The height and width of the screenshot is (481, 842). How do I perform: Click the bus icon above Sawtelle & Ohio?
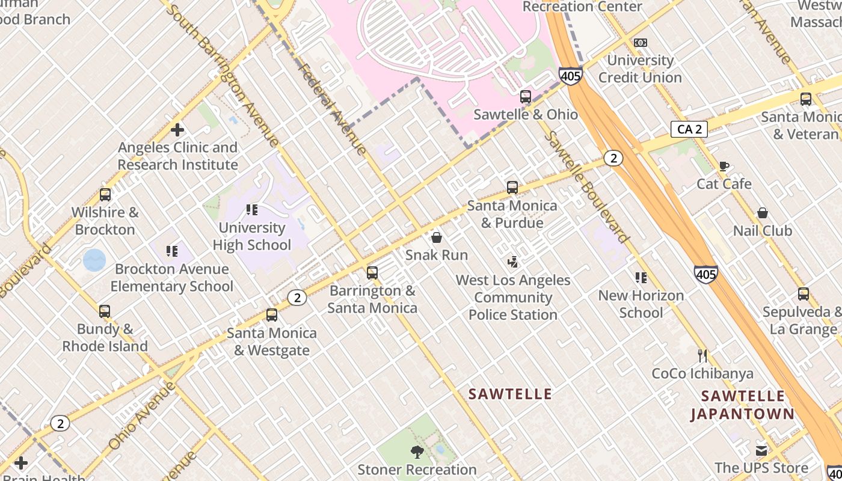(x=525, y=97)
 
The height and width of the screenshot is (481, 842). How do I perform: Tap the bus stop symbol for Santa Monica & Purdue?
(x=512, y=188)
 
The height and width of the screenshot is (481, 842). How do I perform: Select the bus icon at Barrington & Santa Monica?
(x=372, y=273)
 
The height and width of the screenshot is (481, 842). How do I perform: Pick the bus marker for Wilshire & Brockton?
(x=105, y=195)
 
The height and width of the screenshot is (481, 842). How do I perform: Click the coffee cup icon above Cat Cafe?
(x=724, y=166)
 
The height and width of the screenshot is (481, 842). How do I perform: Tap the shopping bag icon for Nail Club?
(x=762, y=213)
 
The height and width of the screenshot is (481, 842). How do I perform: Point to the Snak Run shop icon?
(x=437, y=237)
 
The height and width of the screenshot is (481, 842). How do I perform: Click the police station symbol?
(x=512, y=262)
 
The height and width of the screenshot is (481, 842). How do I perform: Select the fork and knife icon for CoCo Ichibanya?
(x=702, y=355)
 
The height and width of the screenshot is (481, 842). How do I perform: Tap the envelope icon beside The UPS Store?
(x=761, y=450)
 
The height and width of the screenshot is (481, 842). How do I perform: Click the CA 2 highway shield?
(x=689, y=129)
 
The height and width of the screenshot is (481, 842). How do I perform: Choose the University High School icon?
(x=251, y=210)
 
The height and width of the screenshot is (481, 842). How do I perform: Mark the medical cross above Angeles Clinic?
(x=177, y=130)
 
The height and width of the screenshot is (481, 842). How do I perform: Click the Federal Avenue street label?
(x=333, y=109)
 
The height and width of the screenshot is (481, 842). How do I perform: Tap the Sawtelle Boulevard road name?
(x=586, y=187)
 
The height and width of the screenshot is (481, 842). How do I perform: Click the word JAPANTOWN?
(x=742, y=414)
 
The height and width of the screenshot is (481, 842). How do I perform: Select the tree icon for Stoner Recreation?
(x=416, y=452)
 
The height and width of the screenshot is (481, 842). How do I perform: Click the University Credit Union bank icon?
(x=640, y=43)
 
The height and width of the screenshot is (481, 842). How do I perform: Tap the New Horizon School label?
(x=641, y=304)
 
